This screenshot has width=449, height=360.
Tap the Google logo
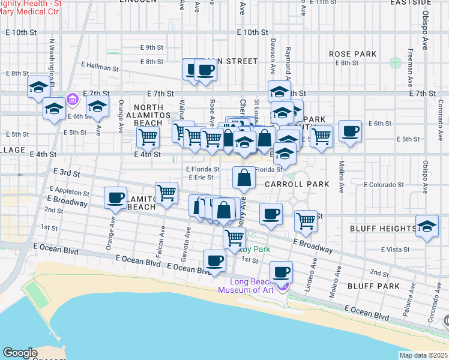[20, 353]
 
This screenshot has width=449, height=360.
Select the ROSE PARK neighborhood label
[353, 54]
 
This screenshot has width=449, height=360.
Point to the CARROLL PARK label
[297, 184]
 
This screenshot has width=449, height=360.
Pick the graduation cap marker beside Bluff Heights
[427, 227]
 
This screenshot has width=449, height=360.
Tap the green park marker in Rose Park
[395, 62]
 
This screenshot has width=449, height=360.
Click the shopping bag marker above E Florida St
[244, 178]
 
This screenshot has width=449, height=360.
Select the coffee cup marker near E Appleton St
[115, 197]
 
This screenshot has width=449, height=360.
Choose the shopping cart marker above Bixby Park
[234, 237]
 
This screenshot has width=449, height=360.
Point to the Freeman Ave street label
[409, 66]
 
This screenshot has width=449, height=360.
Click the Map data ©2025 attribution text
[424, 355]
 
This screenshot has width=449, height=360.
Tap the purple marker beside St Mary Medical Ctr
[73, 98]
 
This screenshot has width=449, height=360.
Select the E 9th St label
[152, 47]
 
